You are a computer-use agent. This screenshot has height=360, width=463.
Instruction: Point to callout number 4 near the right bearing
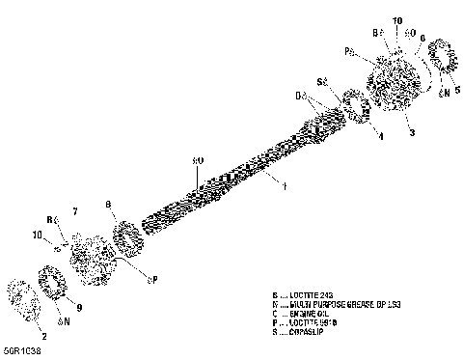pos(379,136)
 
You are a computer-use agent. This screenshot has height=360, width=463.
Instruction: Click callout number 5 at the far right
pos(456,89)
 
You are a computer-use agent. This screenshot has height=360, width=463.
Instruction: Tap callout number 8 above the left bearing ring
pos(109,204)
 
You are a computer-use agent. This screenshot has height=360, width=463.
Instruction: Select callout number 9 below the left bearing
pos(79,308)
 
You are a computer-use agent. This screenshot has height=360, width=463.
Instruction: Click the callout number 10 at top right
pos(397,19)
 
